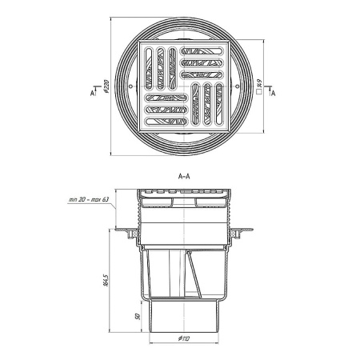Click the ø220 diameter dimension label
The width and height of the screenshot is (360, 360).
(x=106, y=86)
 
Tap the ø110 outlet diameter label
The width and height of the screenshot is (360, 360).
(x=183, y=338)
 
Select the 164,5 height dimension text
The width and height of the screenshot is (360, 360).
(x=106, y=279)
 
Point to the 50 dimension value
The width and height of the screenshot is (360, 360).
(x=138, y=317)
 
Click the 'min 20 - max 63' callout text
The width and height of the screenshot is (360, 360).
(x=90, y=199)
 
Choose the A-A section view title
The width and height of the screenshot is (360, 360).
(x=184, y=176)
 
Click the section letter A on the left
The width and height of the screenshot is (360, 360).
(x=92, y=93)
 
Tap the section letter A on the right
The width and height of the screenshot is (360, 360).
(x=273, y=93)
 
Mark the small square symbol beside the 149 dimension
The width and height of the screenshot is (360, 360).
(x=258, y=92)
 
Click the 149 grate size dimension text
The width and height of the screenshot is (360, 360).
(x=258, y=84)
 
